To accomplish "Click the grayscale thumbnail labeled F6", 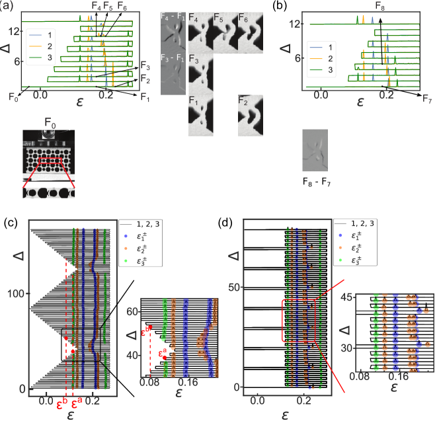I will pyautogui.click(x=251, y=32).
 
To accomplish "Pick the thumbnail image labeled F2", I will pyautogui.click(x=251, y=115).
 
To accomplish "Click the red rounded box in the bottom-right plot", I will pyautogui.click(x=298, y=320).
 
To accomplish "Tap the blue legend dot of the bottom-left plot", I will pyautogui.click(x=126, y=235).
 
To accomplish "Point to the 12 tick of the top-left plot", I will pyautogui.click(x=13, y=30).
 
